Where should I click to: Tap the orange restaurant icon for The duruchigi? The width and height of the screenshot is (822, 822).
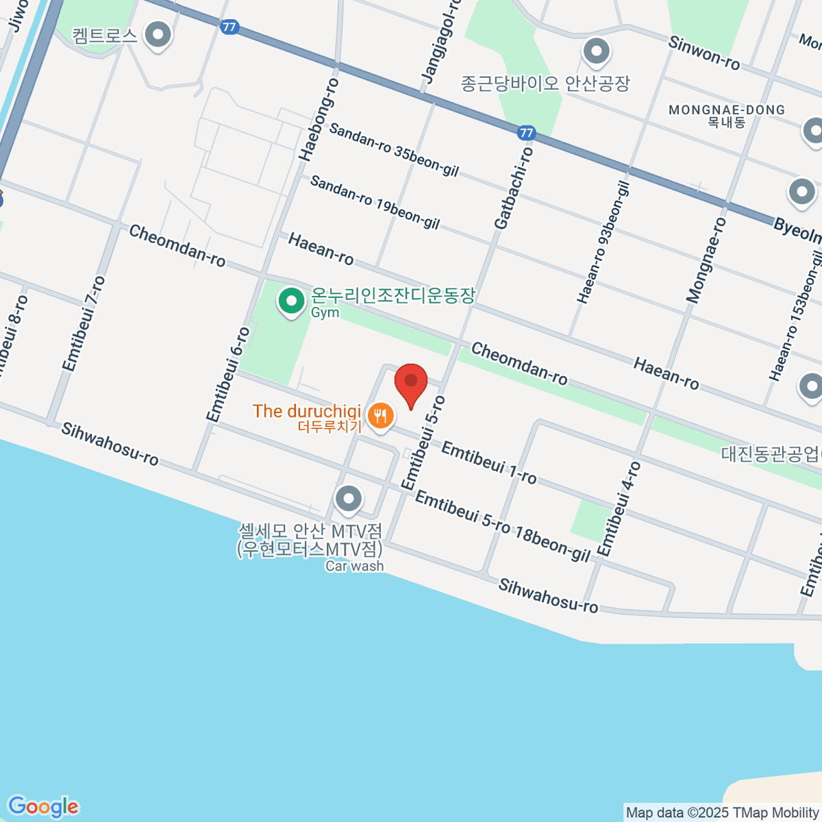pos(380,415)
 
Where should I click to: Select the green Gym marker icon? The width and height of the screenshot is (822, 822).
pos(292,301)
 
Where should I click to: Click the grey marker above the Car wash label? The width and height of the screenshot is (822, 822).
pos(349,499)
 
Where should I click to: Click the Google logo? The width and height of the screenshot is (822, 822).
pos(43,807)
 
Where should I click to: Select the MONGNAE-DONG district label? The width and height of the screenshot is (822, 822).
pos(726,110)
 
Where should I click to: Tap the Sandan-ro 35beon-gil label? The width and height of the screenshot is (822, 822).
pos(394,149)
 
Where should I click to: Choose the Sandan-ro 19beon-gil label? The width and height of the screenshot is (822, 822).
pos(375,202)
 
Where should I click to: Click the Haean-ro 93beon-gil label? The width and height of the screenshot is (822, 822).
pos(603,242)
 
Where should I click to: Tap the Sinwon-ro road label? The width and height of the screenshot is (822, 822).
pos(703,52)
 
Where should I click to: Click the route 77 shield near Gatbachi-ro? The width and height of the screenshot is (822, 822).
pos(526,132)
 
